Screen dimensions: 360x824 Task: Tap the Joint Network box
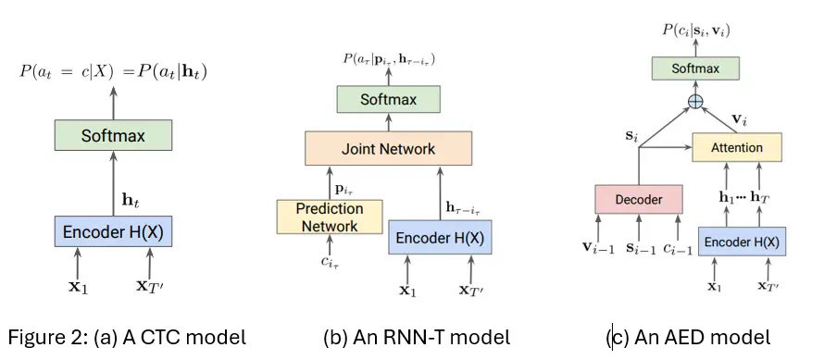389,148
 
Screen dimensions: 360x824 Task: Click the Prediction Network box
329,217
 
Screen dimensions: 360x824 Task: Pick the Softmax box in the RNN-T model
389,99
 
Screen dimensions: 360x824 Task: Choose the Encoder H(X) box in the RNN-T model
440,237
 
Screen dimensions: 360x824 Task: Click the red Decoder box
639,199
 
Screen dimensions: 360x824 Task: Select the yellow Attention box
737,147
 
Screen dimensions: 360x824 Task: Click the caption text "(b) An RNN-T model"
417,338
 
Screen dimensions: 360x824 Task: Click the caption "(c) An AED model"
688,338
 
